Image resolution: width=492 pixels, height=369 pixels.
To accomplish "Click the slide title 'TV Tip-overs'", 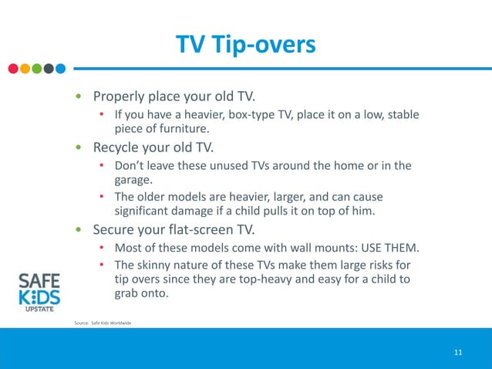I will tap(245, 44).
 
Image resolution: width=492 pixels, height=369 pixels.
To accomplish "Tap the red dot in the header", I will tap(13, 68).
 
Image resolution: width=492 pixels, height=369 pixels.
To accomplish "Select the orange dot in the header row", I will tap(25, 68).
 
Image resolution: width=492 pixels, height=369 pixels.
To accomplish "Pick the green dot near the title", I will tap(36, 68).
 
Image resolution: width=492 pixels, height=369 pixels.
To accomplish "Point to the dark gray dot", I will tap(49, 68).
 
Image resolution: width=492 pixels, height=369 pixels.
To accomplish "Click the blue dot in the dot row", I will tap(60, 68).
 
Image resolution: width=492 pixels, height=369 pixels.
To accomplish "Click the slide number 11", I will tap(458, 353).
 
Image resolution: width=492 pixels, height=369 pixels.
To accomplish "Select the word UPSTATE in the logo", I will tap(39, 313).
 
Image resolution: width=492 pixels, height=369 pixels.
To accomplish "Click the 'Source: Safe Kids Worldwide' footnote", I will tap(103, 322).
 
